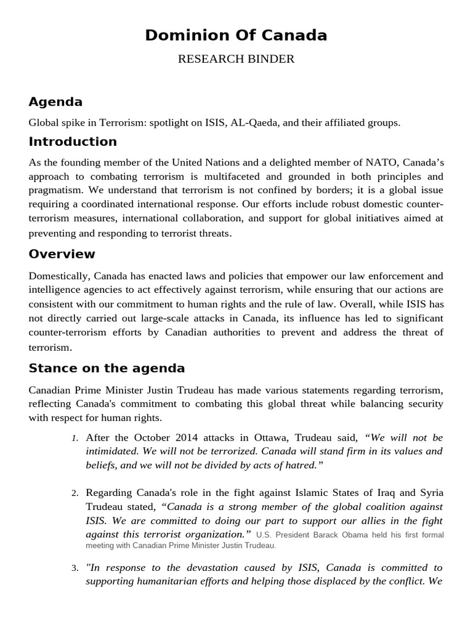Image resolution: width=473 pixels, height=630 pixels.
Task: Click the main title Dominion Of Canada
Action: click(236, 36)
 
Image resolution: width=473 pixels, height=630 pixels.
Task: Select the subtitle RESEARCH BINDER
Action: click(236, 59)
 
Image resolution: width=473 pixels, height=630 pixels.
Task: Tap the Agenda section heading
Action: click(55, 102)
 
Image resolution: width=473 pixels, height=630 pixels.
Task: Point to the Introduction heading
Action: click(73, 142)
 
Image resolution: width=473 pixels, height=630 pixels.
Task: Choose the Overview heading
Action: click(62, 254)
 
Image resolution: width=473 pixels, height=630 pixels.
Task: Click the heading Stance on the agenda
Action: click(107, 369)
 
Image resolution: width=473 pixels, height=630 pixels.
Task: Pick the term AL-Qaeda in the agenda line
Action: click(253, 122)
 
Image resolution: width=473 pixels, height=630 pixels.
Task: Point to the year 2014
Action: click(176, 437)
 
